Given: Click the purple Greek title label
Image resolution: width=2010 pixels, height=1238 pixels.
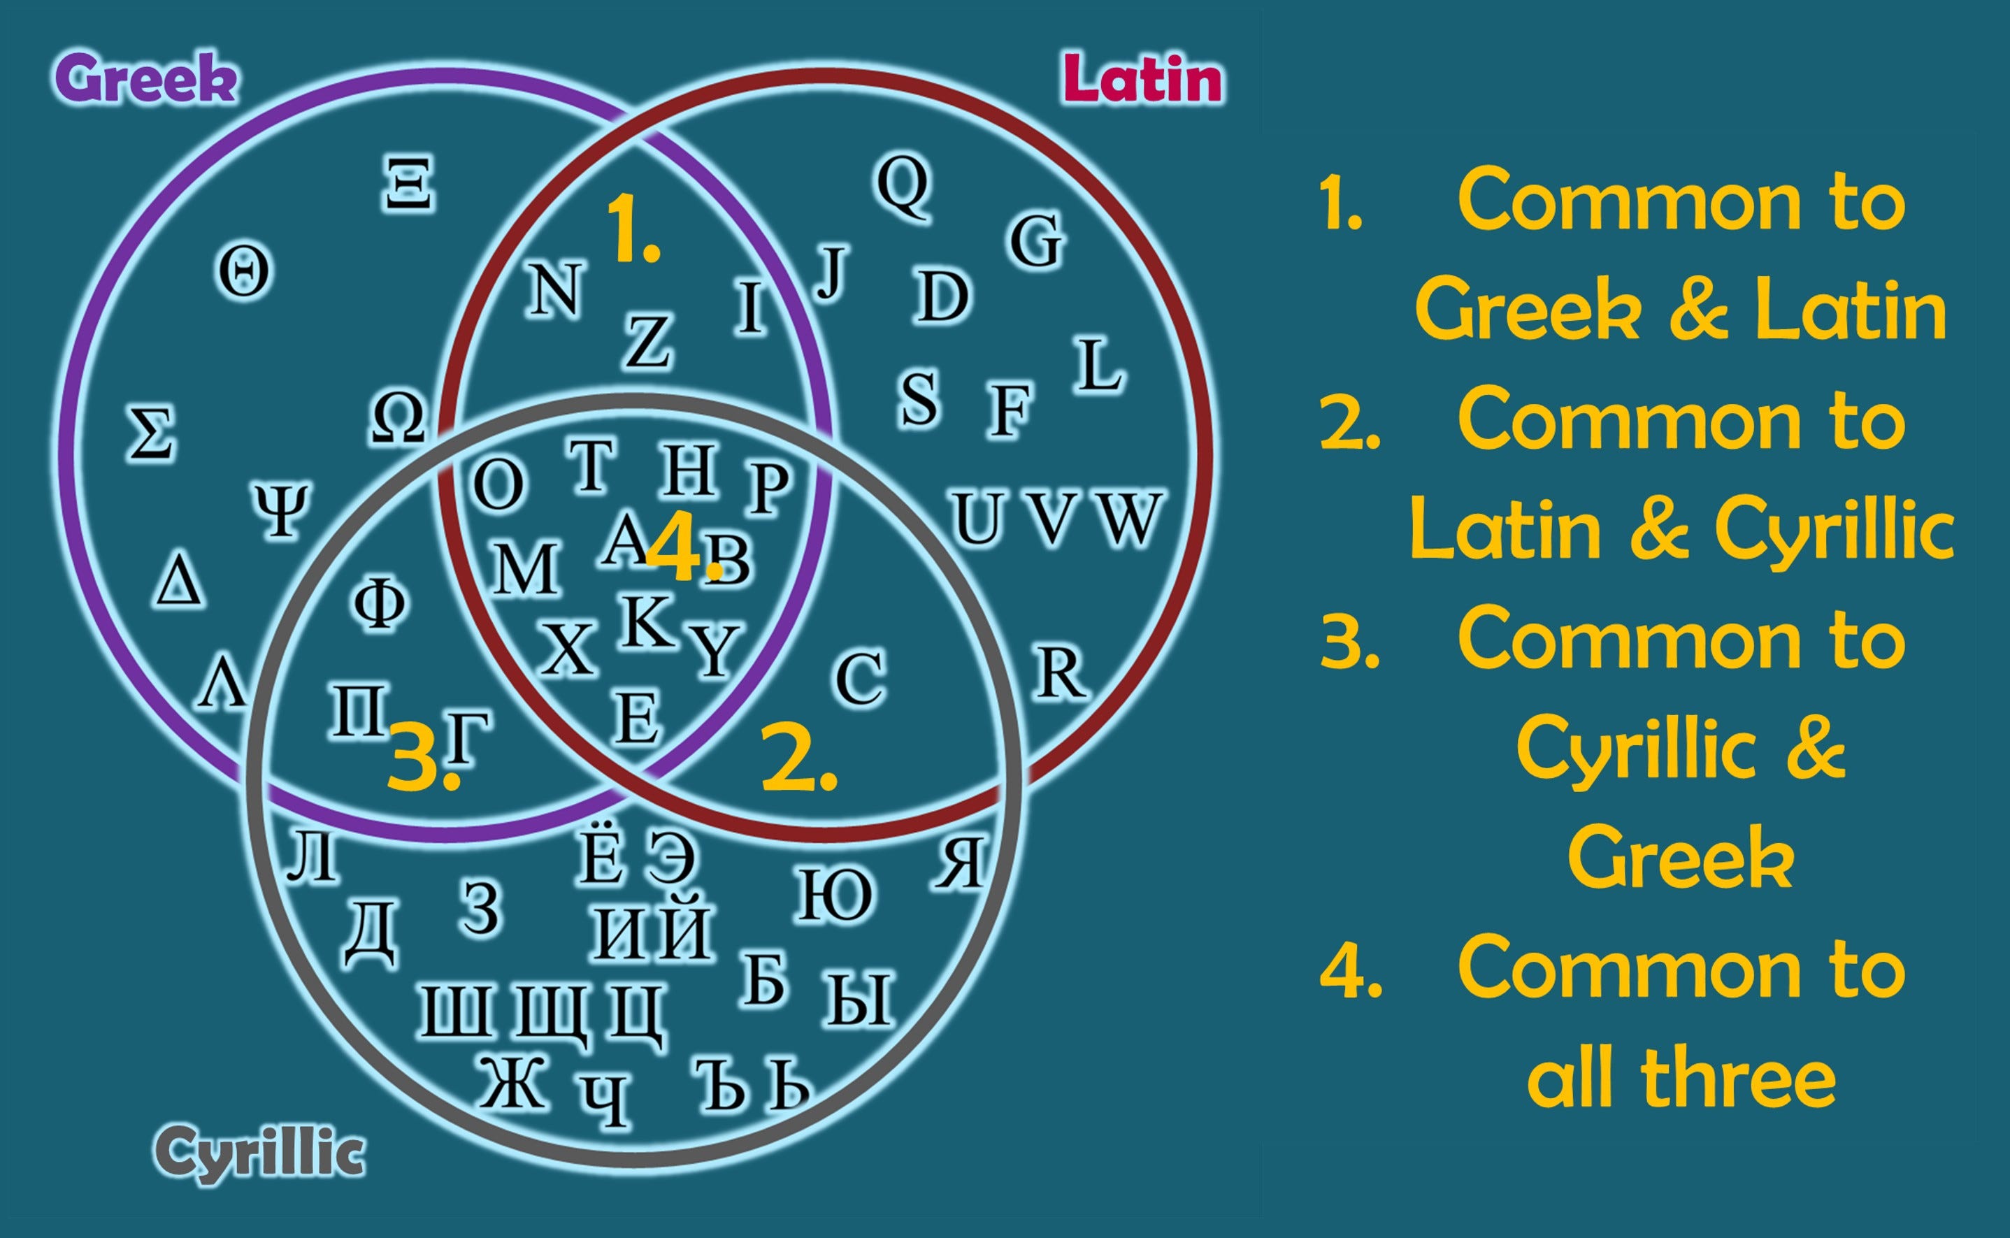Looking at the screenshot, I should (145, 80).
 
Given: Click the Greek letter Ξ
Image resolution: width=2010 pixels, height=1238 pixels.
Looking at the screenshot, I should (408, 185).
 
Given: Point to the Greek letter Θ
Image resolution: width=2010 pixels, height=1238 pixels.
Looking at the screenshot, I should (243, 273).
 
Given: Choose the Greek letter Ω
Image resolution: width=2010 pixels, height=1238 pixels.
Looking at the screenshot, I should (398, 417).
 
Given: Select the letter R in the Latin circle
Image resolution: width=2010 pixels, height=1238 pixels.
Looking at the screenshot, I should (1061, 674).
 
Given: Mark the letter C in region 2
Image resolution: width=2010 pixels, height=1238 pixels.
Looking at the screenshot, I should (860, 678).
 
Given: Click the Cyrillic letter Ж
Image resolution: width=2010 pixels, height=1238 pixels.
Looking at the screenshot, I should (512, 1081).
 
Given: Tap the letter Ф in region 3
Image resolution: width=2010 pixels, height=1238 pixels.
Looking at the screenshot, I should (379, 603).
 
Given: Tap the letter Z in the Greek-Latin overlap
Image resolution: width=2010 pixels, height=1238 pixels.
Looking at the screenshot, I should (648, 341).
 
